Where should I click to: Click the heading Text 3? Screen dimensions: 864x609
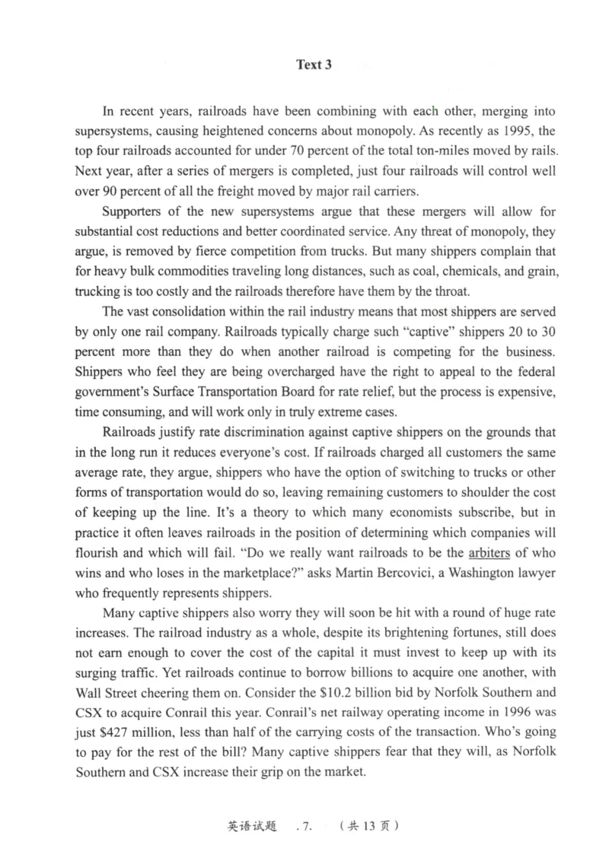(314, 65)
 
